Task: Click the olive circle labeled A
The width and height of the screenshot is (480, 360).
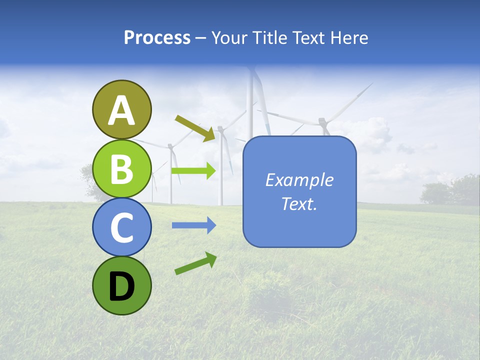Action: tap(121, 110)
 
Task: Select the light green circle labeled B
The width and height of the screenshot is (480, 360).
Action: tap(121, 168)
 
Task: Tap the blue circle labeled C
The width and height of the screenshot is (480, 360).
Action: tap(121, 227)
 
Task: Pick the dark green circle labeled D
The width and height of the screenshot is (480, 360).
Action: tap(121, 285)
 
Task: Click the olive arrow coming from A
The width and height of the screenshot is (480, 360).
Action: tap(195, 128)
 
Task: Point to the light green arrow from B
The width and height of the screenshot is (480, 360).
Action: tap(193, 171)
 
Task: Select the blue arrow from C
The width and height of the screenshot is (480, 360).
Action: tap(193, 225)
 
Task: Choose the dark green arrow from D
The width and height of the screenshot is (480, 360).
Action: tap(195, 263)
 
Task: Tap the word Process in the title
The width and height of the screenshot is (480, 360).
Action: tap(157, 38)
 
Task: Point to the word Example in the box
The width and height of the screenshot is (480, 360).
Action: tap(299, 180)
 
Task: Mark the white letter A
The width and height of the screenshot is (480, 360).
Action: tap(121, 110)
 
